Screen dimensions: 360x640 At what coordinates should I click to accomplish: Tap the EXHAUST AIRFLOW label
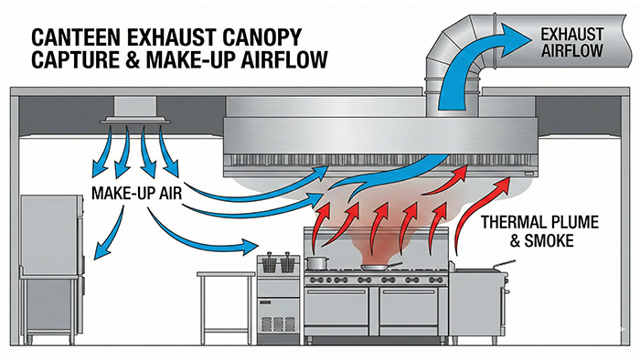tap(571, 40)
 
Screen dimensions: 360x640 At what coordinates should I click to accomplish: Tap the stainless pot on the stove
tap(317, 261)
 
